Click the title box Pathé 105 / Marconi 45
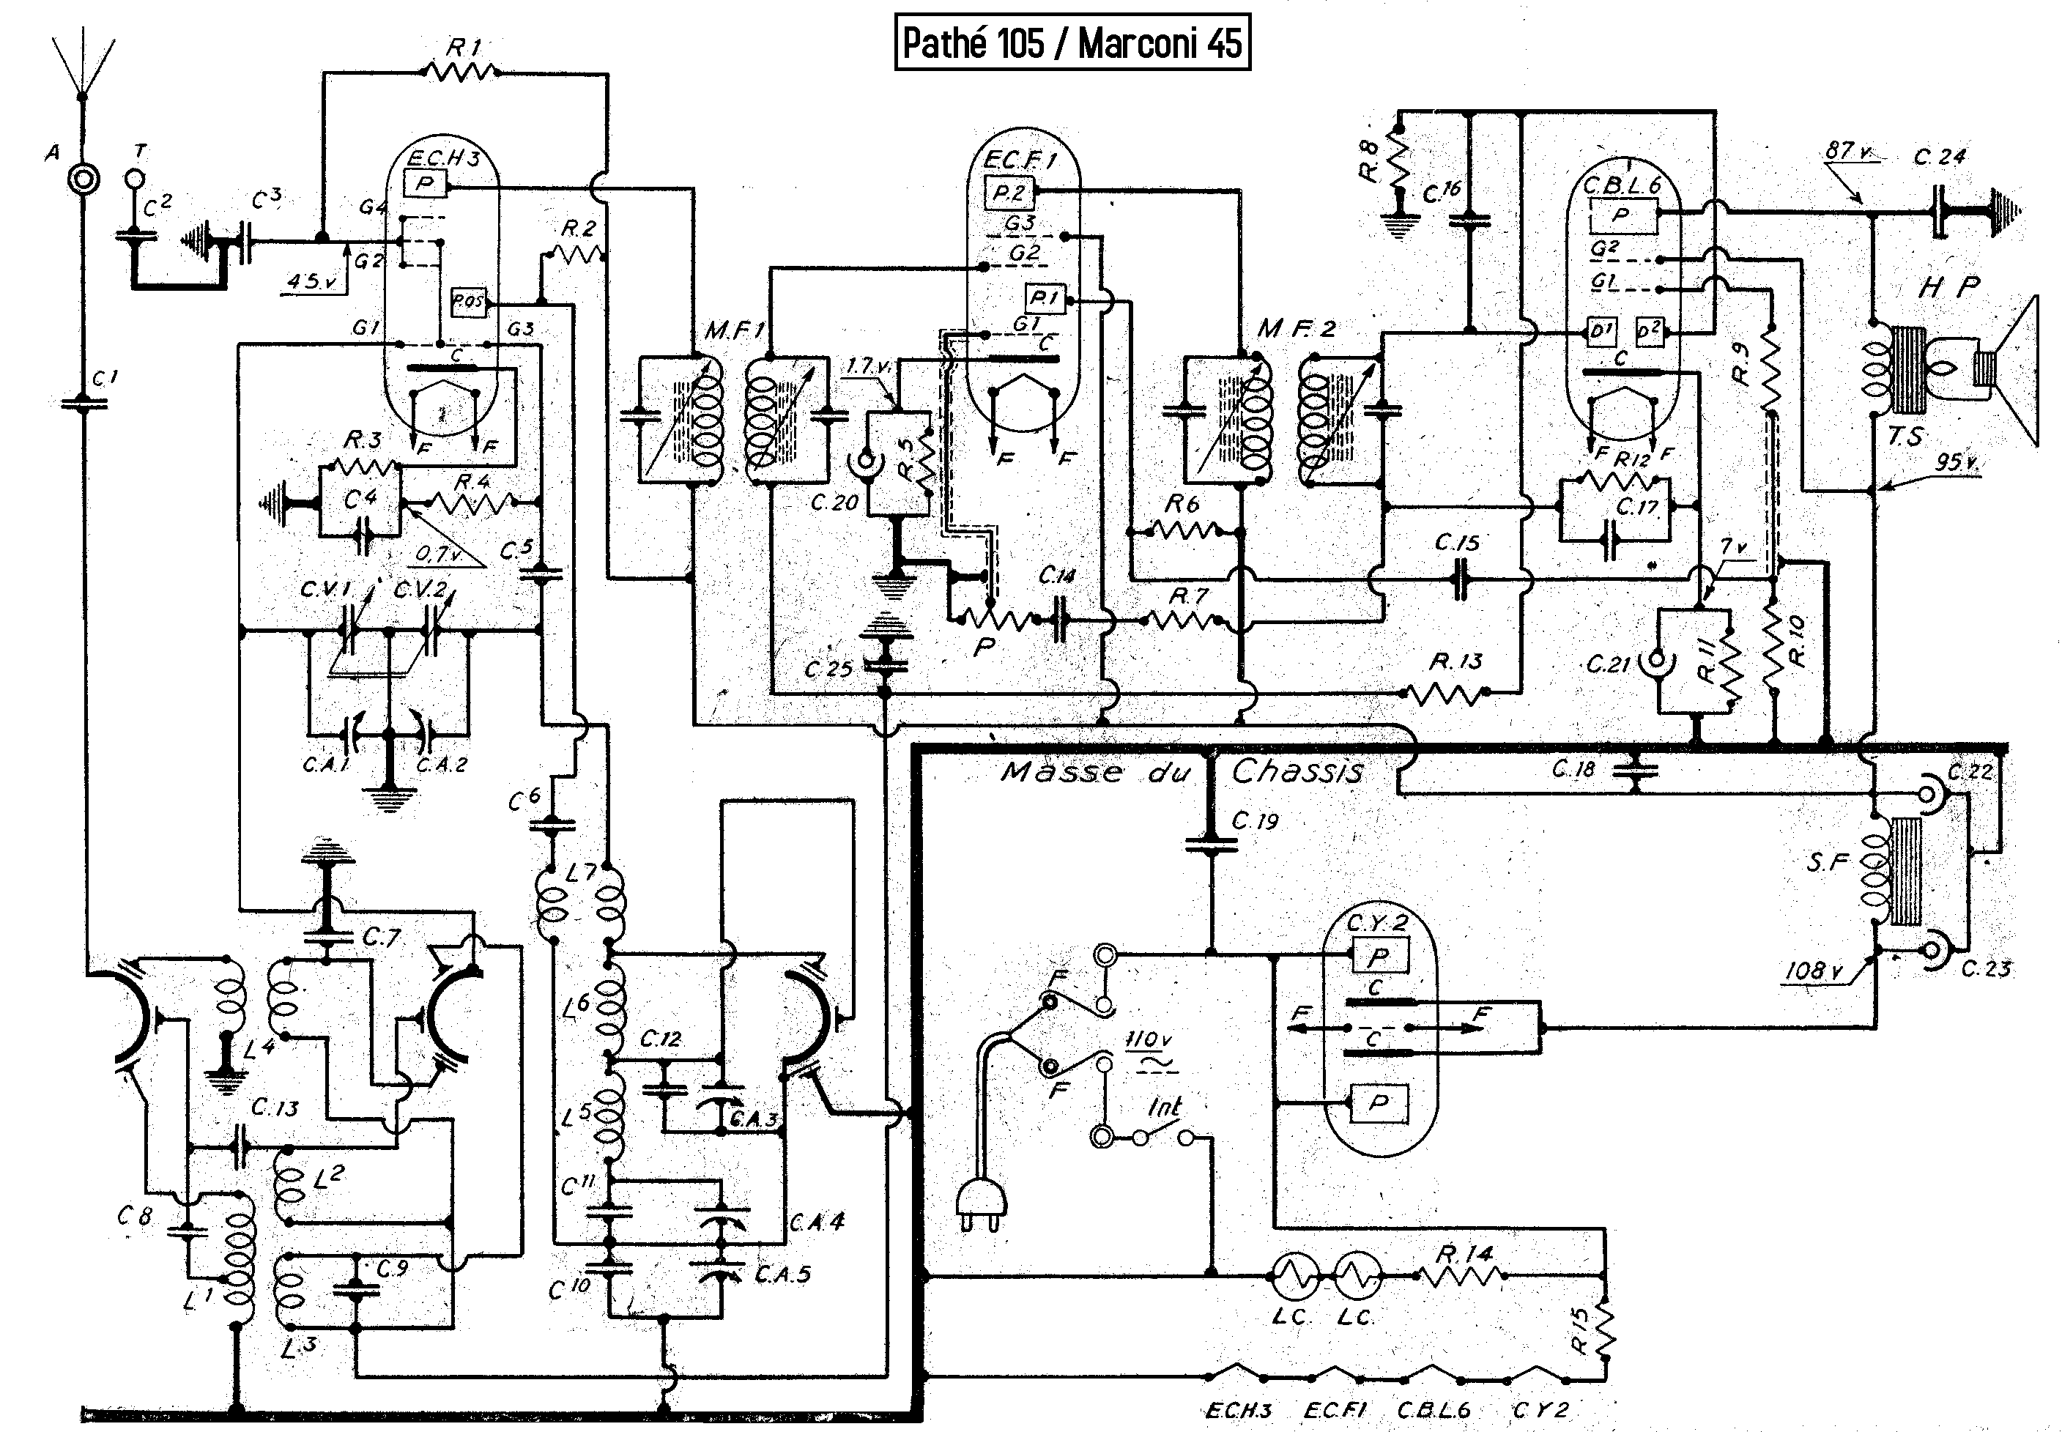point(1072,42)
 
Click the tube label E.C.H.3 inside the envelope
point(443,159)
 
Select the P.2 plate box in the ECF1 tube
point(1009,192)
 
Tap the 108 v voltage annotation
point(1812,971)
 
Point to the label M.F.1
point(734,331)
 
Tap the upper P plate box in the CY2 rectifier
point(1379,957)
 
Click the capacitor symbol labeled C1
point(84,404)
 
